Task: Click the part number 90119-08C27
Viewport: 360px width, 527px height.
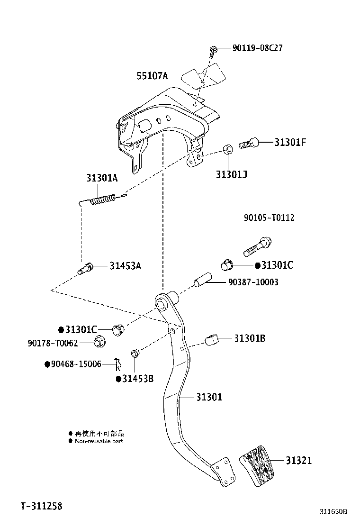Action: pos(258,48)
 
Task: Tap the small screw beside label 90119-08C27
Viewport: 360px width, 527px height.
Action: pos(214,50)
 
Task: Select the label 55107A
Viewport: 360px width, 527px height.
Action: pos(152,75)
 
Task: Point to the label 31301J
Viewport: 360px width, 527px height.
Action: pos(232,174)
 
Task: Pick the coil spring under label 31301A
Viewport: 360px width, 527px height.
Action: pos(102,200)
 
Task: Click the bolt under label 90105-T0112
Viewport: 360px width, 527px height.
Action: pos(257,245)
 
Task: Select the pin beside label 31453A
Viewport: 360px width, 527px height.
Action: pos(87,269)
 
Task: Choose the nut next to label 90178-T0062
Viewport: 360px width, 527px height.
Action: pos(99,341)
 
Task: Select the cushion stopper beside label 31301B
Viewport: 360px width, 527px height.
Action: pos(213,339)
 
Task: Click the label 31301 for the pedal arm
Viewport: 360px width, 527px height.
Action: pos(209,397)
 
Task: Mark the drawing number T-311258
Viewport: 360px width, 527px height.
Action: pos(41,506)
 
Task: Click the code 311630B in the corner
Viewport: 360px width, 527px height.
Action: pos(333,512)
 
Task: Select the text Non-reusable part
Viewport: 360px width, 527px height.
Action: pos(99,441)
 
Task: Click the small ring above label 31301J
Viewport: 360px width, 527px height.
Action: pos(227,149)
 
